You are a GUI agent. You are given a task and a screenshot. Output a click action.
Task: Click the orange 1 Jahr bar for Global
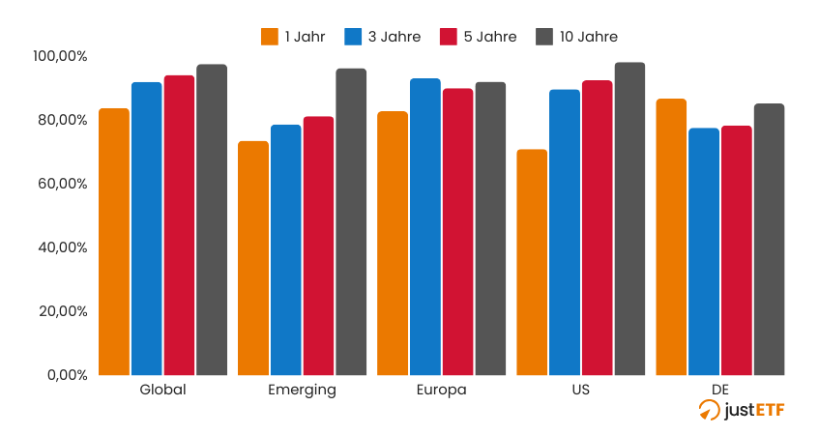[x=114, y=242]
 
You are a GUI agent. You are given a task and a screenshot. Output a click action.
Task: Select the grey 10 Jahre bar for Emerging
[x=351, y=222]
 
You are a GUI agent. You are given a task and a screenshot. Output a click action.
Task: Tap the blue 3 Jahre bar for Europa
[x=424, y=227]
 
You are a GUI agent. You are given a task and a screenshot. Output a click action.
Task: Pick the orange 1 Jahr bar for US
[x=532, y=262]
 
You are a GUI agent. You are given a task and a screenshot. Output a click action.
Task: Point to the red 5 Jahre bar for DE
[x=736, y=250]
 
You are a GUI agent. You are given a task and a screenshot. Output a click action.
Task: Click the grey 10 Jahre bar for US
[x=629, y=218]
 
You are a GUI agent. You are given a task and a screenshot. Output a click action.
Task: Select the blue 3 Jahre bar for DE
[x=704, y=251]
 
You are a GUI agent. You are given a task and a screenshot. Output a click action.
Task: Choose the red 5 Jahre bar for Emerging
[x=318, y=246]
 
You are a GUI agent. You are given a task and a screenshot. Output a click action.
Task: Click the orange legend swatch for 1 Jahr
[x=270, y=37]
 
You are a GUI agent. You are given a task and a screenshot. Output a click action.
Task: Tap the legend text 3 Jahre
[x=395, y=37]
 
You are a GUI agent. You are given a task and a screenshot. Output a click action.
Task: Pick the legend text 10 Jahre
[x=588, y=37]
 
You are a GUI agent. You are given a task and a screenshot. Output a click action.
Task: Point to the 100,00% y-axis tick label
[x=60, y=56]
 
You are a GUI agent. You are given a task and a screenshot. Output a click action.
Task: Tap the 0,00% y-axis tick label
[x=68, y=375]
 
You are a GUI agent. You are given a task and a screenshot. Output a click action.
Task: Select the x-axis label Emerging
[x=302, y=391]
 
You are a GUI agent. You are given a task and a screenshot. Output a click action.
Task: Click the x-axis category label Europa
[x=441, y=391]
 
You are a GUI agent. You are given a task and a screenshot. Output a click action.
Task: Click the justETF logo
[x=742, y=411]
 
